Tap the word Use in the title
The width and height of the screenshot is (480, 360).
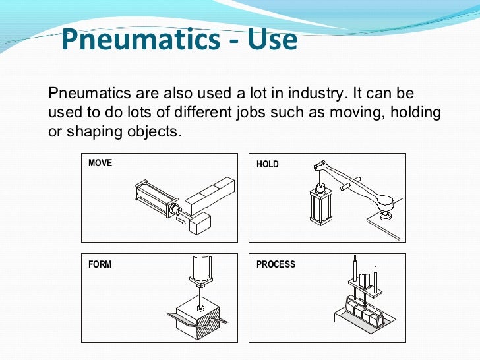[x=271, y=41]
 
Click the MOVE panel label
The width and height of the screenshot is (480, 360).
[x=100, y=163]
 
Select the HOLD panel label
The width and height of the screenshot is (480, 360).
[x=268, y=164]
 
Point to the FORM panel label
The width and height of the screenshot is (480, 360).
[x=100, y=264]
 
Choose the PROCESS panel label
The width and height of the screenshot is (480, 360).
[x=276, y=264]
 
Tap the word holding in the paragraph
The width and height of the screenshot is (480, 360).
[x=415, y=112]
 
